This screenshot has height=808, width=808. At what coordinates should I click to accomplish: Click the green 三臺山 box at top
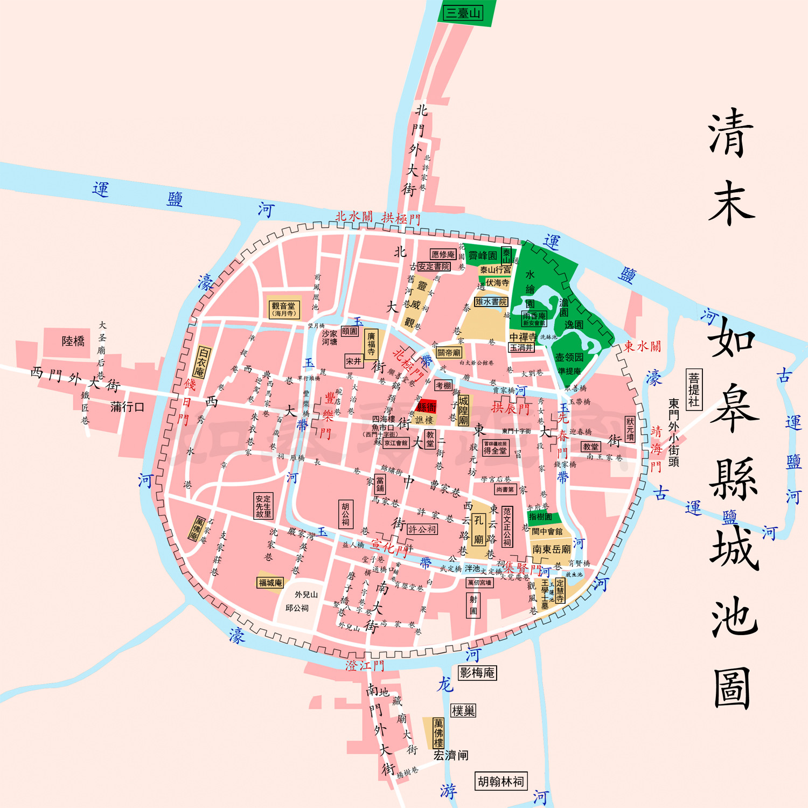pos(463,13)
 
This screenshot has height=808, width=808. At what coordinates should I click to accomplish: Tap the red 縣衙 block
pos(427,407)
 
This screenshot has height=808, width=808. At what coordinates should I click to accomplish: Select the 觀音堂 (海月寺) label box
pos(284,309)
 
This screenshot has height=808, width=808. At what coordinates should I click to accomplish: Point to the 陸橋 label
pos(73,341)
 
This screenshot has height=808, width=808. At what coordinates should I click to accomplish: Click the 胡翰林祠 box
pos(501,781)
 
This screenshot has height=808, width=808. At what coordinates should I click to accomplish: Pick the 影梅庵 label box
pos(477,673)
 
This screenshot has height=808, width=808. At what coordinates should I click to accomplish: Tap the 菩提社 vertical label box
pos(694,389)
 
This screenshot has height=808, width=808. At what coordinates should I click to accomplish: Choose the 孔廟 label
pos(478,530)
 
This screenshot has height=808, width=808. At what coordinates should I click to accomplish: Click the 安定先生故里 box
pos(263,506)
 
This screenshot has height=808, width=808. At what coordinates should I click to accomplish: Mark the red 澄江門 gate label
pos(365,666)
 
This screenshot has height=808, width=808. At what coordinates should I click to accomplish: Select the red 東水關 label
pos(642,346)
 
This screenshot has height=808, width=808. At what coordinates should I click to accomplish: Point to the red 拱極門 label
pos(401,218)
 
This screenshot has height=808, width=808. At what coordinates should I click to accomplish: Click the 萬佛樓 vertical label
pos(438,733)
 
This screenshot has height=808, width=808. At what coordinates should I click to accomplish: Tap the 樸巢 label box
pos(463,711)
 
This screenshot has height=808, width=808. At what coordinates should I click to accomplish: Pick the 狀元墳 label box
pos(630,429)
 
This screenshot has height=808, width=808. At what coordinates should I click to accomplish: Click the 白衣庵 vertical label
pos(202,361)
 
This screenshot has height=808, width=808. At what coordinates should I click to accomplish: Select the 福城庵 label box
pos(270,583)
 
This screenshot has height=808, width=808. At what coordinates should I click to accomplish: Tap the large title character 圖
pos(733,688)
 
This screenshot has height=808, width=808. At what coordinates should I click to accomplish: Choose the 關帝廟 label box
pos(449,353)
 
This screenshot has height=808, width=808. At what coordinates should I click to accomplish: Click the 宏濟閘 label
pos(451,755)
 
